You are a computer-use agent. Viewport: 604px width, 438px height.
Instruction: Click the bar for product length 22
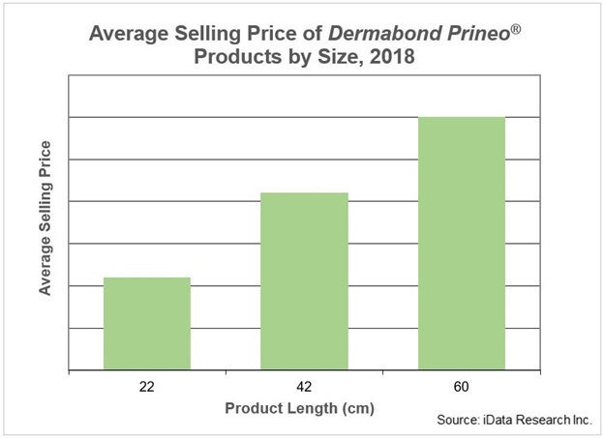[147, 323]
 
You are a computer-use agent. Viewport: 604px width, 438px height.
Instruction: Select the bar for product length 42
[304, 280]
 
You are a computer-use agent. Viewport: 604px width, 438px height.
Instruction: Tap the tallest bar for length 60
[462, 243]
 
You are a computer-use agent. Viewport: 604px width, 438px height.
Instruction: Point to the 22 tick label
[147, 387]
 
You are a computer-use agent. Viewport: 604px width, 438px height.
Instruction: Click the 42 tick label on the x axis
[304, 387]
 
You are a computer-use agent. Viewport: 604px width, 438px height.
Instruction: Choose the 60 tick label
[462, 387]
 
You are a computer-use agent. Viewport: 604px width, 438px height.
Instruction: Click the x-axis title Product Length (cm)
[299, 407]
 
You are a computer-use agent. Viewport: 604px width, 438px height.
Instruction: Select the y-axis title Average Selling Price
[45, 219]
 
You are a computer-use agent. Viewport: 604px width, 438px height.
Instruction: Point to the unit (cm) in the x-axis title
[354, 407]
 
